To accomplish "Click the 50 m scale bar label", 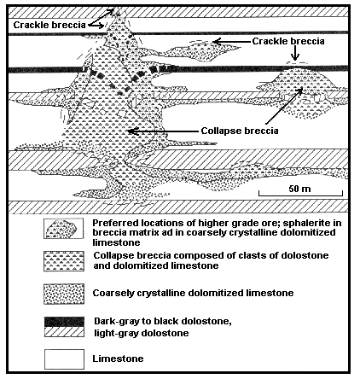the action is (x=299, y=189).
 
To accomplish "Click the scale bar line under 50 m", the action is (x=300, y=195).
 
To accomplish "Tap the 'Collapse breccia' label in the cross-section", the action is (x=240, y=131).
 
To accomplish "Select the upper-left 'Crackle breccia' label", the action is (x=49, y=25).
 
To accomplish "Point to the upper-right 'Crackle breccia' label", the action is (x=288, y=41).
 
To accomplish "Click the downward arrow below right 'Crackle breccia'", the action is (x=295, y=53).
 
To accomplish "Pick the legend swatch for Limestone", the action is (x=64, y=359).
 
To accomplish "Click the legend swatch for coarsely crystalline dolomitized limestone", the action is (x=64, y=294).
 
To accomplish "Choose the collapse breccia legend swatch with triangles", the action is (x=64, y=261).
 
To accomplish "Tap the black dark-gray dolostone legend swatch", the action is (x=64, y=322).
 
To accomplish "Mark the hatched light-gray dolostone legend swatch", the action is (x=64, y=332).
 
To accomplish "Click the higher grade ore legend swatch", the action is (x=64, y=228).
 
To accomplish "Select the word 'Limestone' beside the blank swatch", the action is (x=118, y=359).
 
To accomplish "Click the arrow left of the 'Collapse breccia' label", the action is (x=162, y=131).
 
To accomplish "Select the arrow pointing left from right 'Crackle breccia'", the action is (x=231, y=42).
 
